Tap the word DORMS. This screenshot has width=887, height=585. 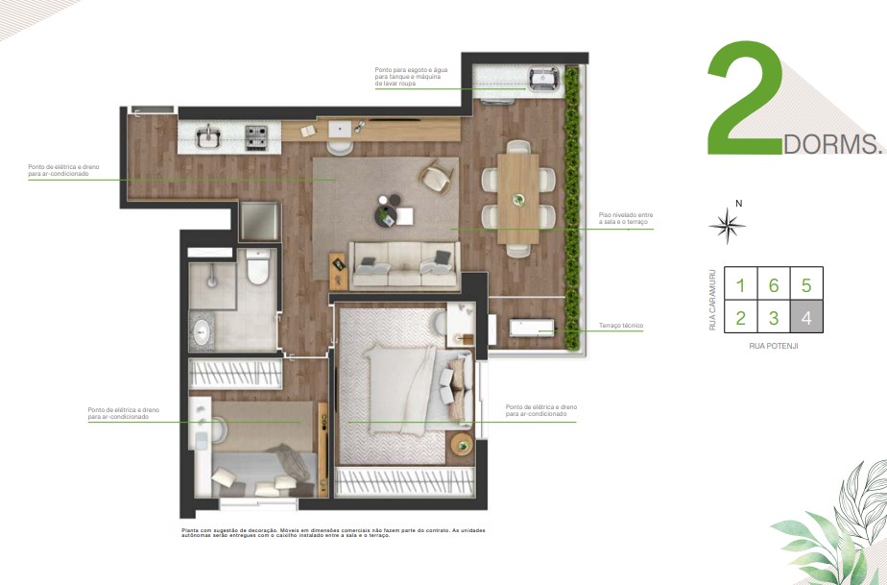(x=832, y=145)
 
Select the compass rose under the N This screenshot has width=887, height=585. (x=729, y=226)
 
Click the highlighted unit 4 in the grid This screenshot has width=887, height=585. (x=806, y=317)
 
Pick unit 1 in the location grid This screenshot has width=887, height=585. (x=740, y=285)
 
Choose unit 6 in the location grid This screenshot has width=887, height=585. (x=773, y=285)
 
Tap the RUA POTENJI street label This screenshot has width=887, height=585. (x=773, y=346)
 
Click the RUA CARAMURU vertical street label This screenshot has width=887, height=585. (x=712, y=300)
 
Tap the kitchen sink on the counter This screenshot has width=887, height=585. (x=208, y=137)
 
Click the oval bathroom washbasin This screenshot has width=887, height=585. (x=203, y=331)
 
